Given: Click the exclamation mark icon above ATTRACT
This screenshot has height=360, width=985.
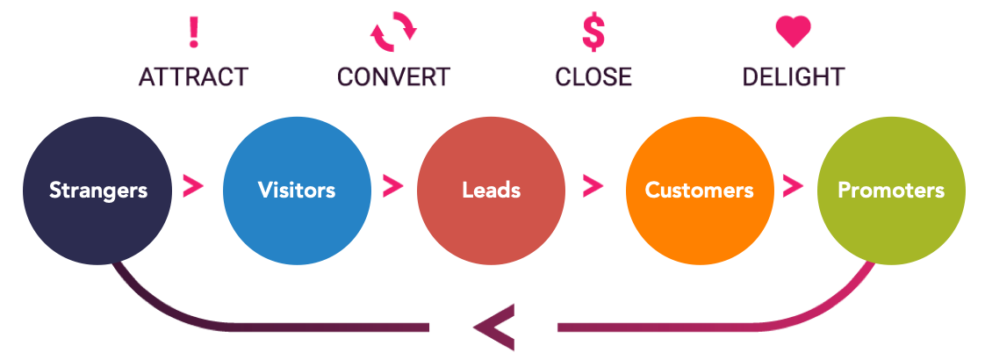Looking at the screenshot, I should [x=194, y=32].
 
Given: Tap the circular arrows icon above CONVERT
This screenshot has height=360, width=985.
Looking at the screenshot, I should [x=393, y=32].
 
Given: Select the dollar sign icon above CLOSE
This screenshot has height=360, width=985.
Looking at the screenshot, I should [x=593, y=32].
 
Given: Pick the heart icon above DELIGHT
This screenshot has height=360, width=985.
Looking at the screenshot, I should [x=794, y=32].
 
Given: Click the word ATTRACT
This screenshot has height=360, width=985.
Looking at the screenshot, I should [x=193, y=77].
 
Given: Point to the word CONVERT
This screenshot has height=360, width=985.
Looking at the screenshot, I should [x=393, y=77].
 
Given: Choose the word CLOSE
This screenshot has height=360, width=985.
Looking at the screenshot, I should [x=593, y=77].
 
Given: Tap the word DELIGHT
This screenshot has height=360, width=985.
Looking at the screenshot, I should [x=794, y=77].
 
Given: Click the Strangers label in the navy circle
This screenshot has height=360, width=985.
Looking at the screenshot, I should [x=97, y=190].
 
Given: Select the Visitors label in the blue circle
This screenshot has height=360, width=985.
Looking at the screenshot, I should [x=297, y=190].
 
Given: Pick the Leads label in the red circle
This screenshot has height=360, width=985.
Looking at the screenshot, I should [x=492, y=190].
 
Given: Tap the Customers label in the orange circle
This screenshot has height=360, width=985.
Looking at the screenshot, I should [x=699, y=190].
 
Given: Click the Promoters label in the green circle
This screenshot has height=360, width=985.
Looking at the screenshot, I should [x=891, y=190].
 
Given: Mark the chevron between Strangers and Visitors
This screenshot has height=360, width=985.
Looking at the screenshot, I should [x=193, y=185].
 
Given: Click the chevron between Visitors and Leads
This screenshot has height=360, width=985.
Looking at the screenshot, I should [x=392, y=185].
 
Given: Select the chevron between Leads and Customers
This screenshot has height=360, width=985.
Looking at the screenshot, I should [x=593, y=185].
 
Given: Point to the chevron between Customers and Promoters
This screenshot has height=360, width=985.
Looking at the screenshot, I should [x=793, y=185].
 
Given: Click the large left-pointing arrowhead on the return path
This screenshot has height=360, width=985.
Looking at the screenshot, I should [x=493, y=328].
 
